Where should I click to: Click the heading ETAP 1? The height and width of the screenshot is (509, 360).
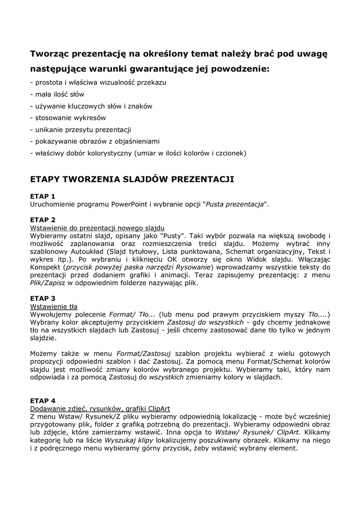(x=43, y=196)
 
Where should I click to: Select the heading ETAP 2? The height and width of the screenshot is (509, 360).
(x=43, y=219)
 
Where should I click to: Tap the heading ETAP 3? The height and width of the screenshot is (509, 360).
(x=43, y=298)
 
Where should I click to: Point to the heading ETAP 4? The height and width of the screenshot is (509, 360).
(x=43, y=401)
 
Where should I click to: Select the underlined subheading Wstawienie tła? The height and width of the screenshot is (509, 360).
(x=54, y=306)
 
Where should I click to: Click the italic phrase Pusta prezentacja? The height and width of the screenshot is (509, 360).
(x=234, y=204)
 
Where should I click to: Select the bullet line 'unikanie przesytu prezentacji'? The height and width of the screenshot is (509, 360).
(x=81, y=130)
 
